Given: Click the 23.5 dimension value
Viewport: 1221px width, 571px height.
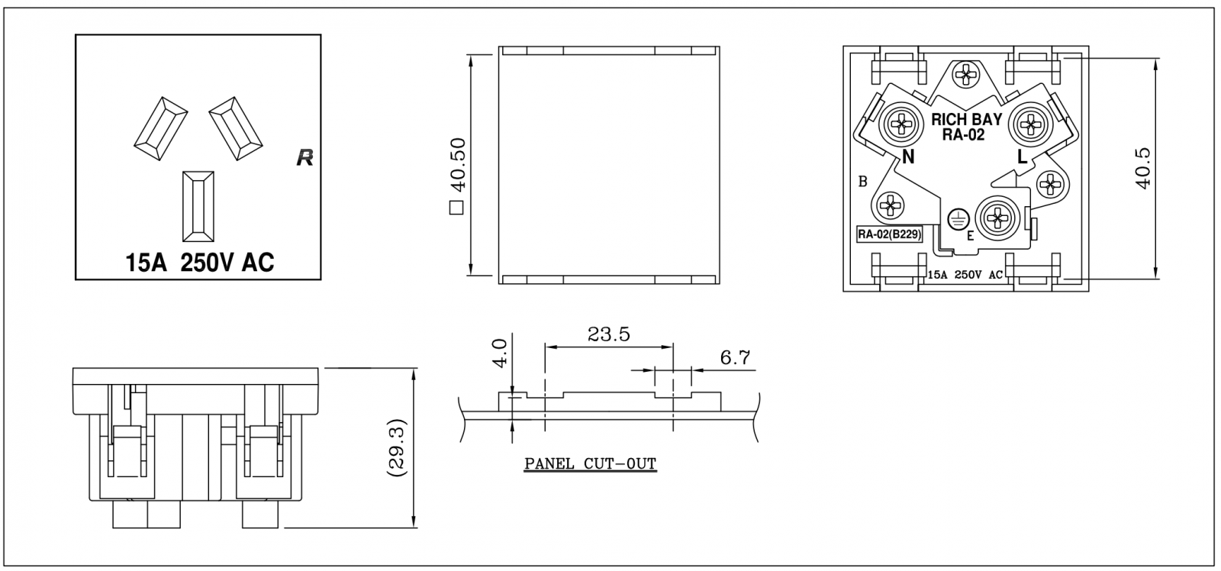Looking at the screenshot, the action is coord(608,334).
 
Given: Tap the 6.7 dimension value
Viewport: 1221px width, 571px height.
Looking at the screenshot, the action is coord(736,358).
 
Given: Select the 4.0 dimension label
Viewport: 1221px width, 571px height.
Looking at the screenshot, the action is coord(500,353).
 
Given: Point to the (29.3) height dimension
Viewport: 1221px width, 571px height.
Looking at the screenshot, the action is coord(396,448).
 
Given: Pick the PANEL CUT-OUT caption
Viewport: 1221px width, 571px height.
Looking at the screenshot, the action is coord(591,463).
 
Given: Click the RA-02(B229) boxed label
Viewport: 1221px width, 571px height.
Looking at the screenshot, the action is coord(890,234).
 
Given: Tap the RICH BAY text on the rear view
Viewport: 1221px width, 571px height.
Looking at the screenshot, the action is coord(966,119).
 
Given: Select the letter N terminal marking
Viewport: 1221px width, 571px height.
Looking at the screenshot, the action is coord(908,157).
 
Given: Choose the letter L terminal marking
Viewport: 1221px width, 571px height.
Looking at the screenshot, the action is coord(1022,157).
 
